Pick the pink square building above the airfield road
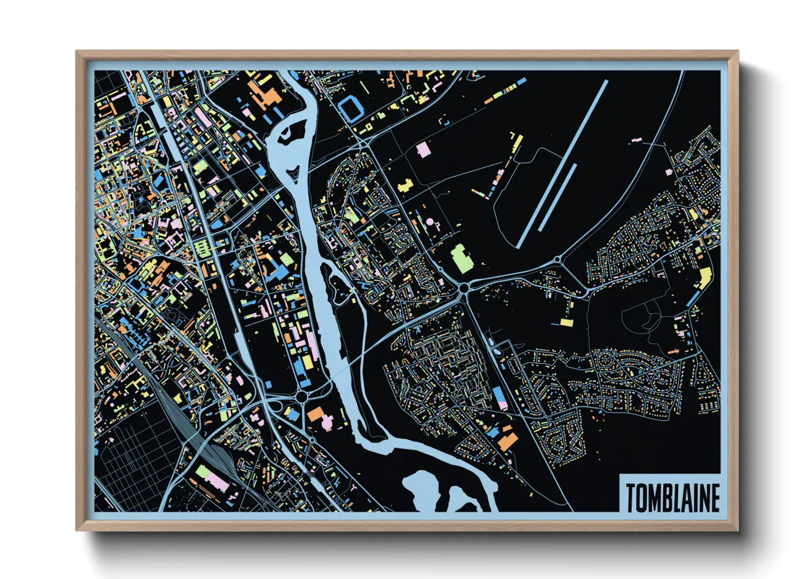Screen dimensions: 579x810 point(423,149)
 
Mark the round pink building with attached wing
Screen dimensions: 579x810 point(432,223)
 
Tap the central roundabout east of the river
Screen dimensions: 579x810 point(465,287)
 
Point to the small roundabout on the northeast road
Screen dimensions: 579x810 point(557,259)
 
